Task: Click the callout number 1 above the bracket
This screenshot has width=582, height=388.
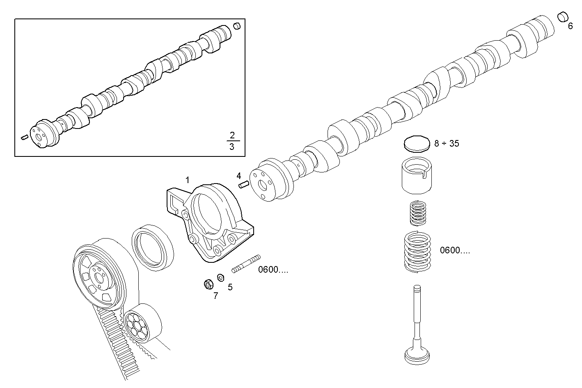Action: point(188,180)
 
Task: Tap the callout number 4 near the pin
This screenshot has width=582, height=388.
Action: point(239,176)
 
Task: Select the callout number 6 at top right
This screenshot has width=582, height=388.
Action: point(570,26)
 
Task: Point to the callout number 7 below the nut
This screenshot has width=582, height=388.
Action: point(215,295)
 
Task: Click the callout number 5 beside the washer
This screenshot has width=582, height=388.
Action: point(230,287)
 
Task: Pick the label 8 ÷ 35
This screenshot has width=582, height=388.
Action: point(447,143)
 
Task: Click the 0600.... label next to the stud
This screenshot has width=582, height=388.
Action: point(273,270)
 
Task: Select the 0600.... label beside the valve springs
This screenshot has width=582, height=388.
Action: point(455,250)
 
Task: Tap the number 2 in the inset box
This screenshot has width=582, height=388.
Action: point(232,135)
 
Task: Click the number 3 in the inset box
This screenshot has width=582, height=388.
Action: point(232,147)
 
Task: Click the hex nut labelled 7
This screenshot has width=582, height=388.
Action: point(208,284)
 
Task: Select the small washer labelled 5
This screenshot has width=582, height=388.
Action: point(220,278)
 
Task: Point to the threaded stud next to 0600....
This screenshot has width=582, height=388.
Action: point(246,264)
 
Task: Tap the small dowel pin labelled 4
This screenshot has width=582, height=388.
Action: point(244,184)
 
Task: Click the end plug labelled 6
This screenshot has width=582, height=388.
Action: point(562,17)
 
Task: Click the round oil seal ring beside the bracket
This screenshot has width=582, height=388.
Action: point(151,248)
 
